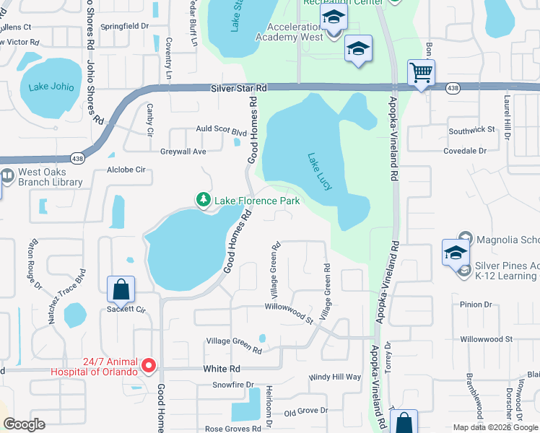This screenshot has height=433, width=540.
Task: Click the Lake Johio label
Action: tap(51, 87)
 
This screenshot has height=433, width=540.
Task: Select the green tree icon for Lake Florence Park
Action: tap(204, 200)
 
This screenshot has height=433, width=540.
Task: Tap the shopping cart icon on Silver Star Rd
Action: tap(421, 73)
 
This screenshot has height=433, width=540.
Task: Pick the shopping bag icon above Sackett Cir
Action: tap(121, 289)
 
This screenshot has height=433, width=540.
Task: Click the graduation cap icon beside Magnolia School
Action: tap(456, 253)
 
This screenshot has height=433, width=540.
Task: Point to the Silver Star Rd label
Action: tap(239, 87)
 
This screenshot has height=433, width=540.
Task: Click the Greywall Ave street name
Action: tap(183, 152)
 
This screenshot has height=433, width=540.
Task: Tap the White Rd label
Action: tap(216, 368)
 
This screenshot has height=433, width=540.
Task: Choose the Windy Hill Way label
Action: tap(335, 377)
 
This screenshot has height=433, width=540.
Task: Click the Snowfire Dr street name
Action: tap(231, 385)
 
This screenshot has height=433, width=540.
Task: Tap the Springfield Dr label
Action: tap(124, 25)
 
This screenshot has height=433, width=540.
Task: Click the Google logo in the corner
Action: tap(25, 424)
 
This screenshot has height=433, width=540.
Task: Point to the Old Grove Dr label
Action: tap(306, 412)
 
